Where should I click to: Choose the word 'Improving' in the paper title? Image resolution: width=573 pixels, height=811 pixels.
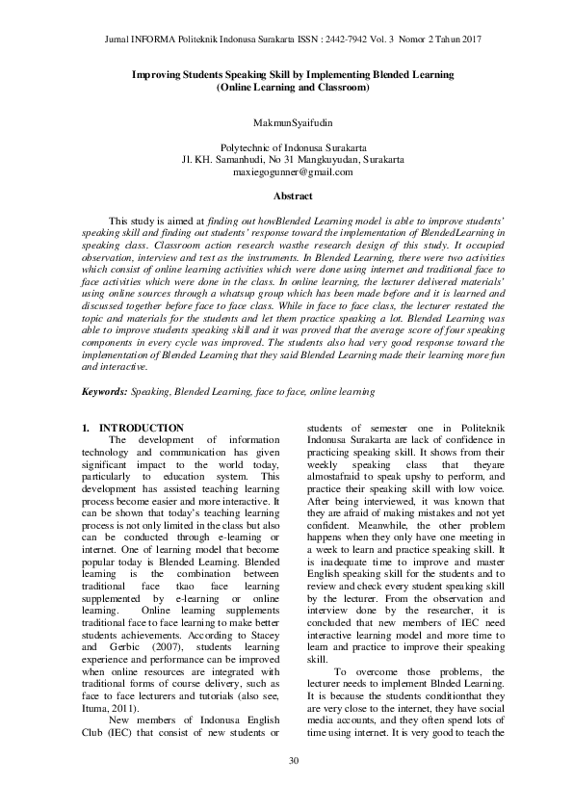click(x=160, y=74)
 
